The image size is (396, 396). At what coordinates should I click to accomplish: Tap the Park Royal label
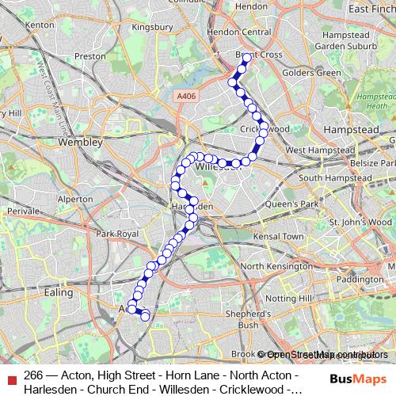116,234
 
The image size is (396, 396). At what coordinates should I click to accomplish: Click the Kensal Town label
282,237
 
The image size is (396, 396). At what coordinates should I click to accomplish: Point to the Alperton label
74,200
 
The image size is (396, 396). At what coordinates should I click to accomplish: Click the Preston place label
89,56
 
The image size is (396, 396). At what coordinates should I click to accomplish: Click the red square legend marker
10,375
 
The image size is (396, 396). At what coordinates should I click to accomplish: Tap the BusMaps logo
357,379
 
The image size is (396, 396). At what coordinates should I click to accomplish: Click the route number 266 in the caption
34,375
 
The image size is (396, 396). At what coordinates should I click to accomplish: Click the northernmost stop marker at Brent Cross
246,57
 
